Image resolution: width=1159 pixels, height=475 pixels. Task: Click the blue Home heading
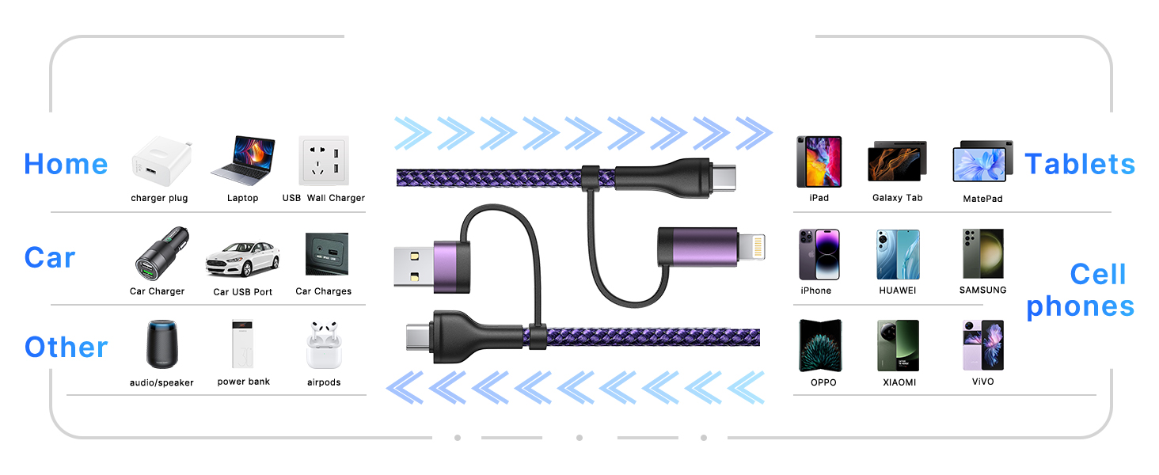[66, 164]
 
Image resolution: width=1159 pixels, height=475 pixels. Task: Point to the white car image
[242, 256]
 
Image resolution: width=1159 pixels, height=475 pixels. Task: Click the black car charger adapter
[158, 254]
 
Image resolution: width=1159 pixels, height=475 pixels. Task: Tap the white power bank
[243, 344]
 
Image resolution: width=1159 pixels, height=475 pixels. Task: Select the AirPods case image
[323, 345]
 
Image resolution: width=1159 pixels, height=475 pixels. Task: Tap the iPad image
[819, 161]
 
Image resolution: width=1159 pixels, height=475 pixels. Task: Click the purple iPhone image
[818, 254]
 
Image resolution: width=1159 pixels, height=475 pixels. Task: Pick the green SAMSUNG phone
[982, 254]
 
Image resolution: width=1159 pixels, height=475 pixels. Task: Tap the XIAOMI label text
[899, 382]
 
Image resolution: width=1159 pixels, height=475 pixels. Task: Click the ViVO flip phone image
[982, 345]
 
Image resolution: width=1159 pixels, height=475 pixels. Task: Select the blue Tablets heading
[1080, 164]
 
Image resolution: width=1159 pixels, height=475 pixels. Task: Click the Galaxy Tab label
[897, 198]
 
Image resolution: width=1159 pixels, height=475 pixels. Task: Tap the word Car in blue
[50, 257]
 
